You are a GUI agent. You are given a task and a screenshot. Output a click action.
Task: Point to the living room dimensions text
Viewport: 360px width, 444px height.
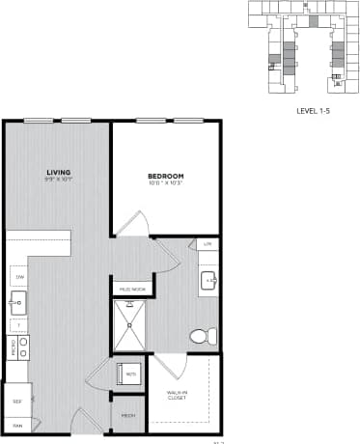tap(58, 180)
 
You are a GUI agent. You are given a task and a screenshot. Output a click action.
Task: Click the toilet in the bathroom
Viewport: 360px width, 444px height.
tap(202, 336)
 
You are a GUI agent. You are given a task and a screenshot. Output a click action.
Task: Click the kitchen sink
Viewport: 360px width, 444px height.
tap(17, 303)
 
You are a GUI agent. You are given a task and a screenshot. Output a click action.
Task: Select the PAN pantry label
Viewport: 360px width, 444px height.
tap(16, 424)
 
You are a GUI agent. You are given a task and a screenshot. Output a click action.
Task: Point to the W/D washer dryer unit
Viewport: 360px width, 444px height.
tap(128, 373)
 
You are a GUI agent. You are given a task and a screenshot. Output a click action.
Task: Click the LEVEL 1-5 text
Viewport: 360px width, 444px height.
tap(315, 111)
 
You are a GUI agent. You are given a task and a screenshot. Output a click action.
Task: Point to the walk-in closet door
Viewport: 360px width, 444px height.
tap(170, 367)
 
